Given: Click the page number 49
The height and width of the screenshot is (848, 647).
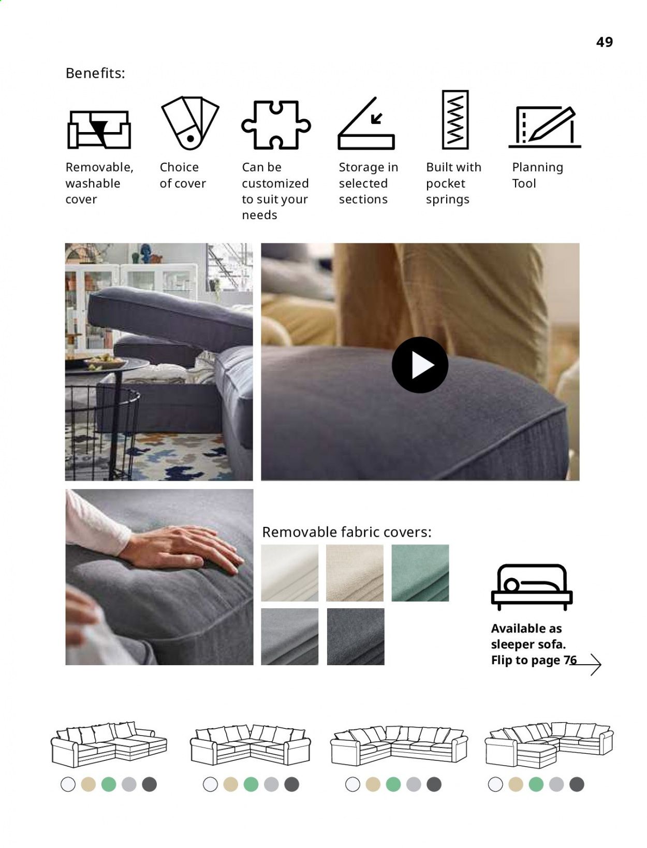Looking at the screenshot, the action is click(604, 42).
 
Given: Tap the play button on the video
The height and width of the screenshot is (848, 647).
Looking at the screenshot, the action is click(420, 365).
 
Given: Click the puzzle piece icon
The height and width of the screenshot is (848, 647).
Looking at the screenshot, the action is click(276, 125).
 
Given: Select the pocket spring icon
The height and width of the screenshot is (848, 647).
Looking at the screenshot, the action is click(455, 120).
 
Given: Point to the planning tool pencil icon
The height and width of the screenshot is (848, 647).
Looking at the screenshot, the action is click(545, 126).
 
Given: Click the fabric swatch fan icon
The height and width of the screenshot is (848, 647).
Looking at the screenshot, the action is click(190, 123).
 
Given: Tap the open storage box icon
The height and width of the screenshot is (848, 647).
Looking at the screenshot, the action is click(366, 123).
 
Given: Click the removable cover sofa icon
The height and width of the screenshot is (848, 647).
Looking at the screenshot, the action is click(99, 130).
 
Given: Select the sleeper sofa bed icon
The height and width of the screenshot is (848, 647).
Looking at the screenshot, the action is click(532, 587).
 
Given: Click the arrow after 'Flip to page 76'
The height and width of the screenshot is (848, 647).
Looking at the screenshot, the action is click(585, 665).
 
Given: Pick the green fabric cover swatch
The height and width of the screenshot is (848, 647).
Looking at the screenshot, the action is click(420, 573).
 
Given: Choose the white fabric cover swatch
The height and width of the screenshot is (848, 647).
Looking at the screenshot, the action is click(289, 573).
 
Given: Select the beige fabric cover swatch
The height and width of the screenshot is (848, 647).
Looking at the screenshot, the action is click(355, 573).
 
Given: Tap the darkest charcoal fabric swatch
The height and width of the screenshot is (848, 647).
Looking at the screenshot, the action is click(356, 637).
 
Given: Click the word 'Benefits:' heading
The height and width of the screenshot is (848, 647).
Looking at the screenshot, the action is click(95, 73).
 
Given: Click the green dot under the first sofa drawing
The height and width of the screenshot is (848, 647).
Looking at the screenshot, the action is click(109, 785).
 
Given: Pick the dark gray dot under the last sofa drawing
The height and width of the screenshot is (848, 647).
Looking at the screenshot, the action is click(577, 785).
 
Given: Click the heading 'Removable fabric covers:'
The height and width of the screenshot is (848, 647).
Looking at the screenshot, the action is click(347, 532).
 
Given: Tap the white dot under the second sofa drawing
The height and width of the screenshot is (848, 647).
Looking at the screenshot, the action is click(210, 785).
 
